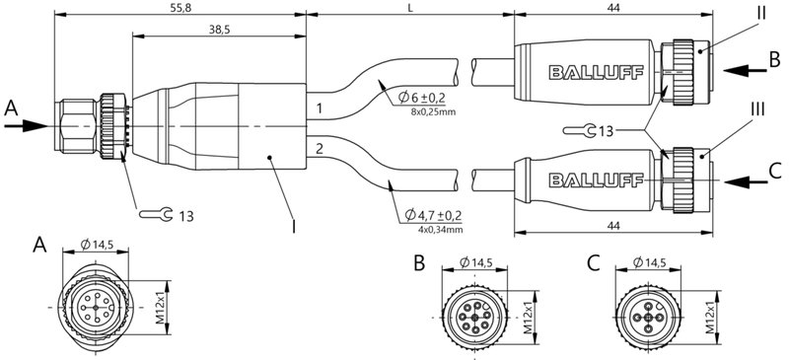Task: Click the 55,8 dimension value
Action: tap(179, 7)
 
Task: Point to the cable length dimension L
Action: tap(409, 7)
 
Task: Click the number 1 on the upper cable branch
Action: tap(319, 107)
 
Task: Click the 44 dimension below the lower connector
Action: tap(614, 225)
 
